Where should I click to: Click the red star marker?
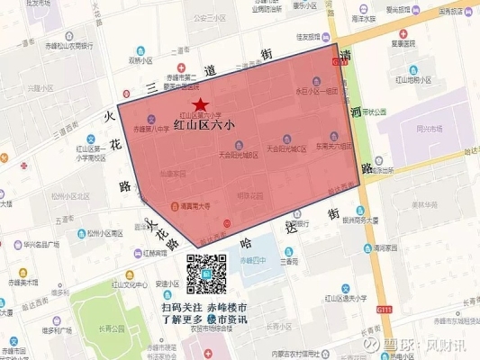click(x=199, y=106)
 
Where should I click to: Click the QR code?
click(x=205, y=274)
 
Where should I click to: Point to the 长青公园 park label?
click(x=115, y=328)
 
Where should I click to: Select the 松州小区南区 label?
click(x=106, y=233)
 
